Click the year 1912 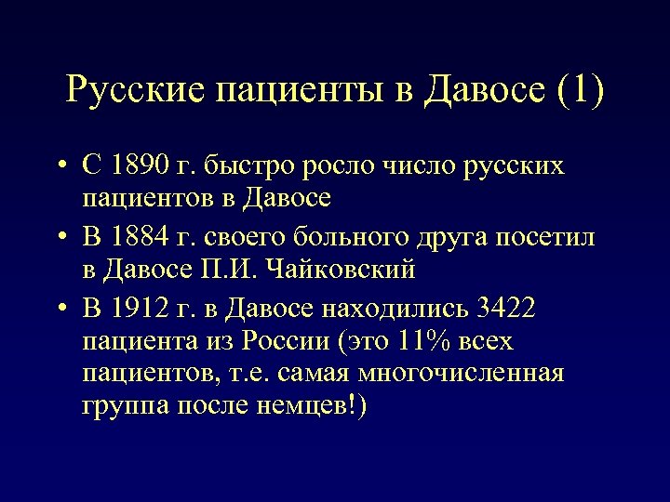tap(141, 308)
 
